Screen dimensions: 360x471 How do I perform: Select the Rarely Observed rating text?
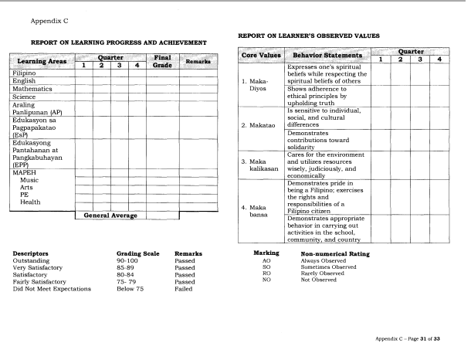(x=328, y=273)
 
